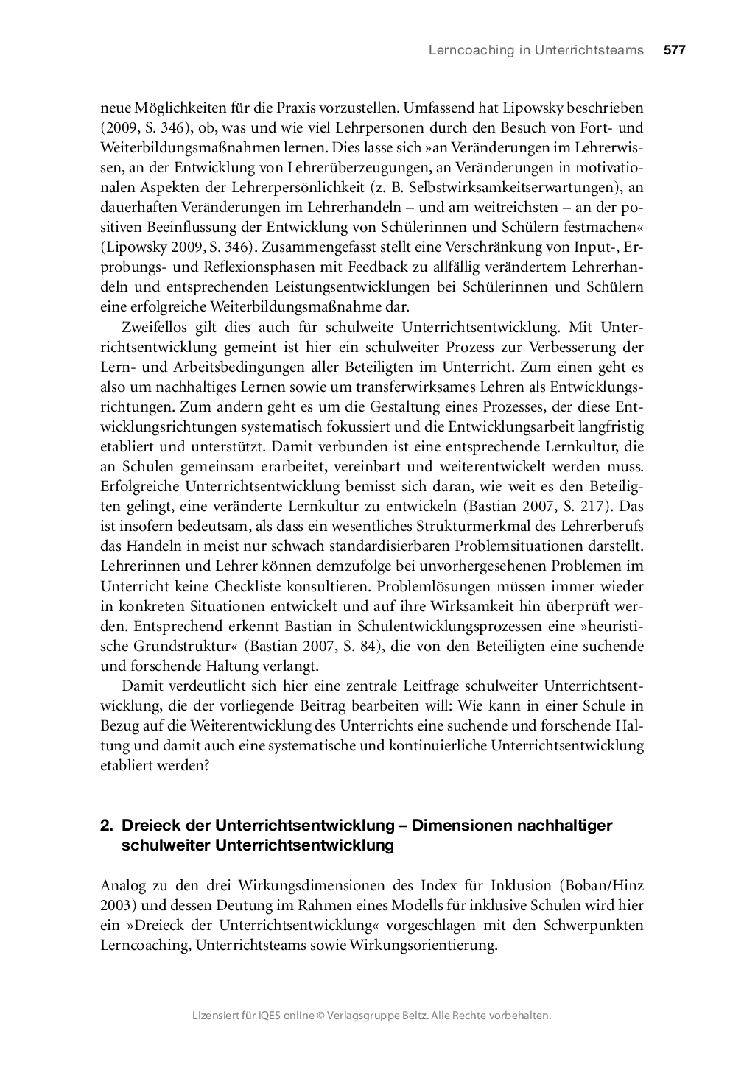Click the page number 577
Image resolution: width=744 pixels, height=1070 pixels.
(674, 50)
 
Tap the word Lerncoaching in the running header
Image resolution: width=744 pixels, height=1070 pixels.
(460, 50)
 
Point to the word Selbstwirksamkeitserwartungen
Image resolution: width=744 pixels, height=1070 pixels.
(513, 187)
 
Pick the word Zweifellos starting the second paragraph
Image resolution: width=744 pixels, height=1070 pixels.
(153, 327)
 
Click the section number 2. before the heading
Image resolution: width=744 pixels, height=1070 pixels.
(106, 826)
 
